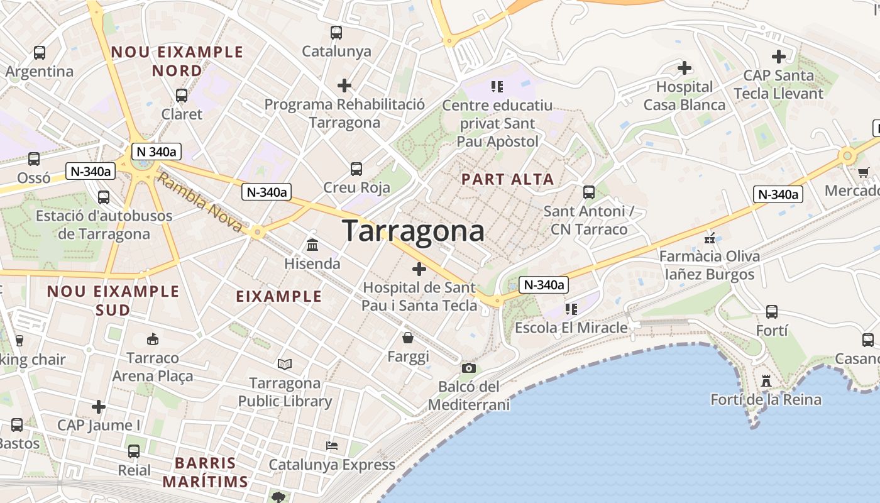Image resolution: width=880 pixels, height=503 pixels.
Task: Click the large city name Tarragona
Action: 413,231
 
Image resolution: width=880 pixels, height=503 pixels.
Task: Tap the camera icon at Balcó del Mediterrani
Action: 468,368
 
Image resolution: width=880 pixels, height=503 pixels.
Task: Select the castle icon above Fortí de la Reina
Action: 766,380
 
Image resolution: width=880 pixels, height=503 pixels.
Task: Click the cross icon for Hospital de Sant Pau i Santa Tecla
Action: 419,270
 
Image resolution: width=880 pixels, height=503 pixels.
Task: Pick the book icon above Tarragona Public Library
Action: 285,364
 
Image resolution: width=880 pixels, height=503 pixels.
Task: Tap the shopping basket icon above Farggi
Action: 408,338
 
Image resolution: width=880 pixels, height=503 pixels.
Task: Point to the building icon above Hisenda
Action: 312,245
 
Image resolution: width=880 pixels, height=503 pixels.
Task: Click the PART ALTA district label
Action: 507,179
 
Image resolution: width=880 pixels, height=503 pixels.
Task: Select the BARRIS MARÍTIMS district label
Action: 206,472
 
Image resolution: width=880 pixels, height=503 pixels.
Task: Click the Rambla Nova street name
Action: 199,202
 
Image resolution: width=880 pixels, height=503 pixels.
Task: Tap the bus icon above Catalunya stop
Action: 336,32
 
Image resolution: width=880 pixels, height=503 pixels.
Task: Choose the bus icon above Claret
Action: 182,96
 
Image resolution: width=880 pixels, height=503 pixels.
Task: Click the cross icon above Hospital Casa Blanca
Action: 684,67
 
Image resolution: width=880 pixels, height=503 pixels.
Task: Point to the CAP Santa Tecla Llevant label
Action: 778,84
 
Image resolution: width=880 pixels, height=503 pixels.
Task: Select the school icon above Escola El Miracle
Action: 571,309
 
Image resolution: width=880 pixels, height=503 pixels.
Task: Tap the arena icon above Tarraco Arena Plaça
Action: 152,339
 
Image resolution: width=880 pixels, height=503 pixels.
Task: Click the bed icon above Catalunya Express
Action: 332,446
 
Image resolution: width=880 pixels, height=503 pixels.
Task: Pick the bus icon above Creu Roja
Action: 356,169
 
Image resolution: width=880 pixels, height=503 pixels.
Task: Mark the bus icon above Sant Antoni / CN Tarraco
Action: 589,192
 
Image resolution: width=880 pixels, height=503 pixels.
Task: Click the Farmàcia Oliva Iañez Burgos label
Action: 709,265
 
